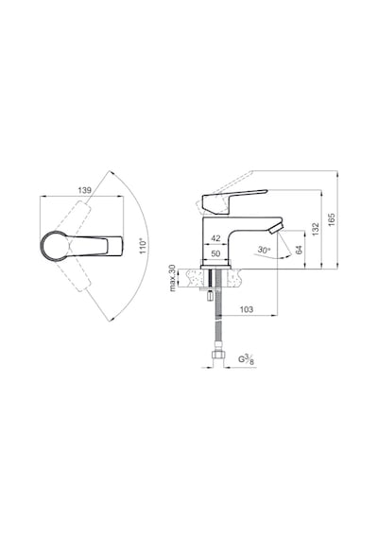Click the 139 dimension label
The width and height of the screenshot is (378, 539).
click(x=84, y=190)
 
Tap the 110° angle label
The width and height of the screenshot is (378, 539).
click(x=144, y=246)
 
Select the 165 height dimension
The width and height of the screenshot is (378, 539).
click(x=332, y=219)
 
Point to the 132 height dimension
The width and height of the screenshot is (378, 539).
click(x=316, y=229)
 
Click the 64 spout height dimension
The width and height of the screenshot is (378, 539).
click(x=299, y=250)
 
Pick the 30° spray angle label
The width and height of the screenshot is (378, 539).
click(x=264, y=251)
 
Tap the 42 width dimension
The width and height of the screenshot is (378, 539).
click(x=215, y=238)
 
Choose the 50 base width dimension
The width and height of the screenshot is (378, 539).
click(x=215, y=253)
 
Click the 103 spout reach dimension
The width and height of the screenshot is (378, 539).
click(x=246, y=309)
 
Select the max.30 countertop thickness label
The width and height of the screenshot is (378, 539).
click(x=173, y=278)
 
